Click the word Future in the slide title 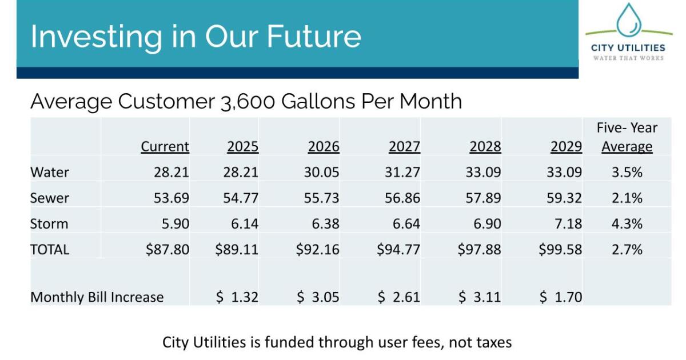[x=314, y=37]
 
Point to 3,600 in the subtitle [x=248, y=102]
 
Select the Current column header [x=165, y=146]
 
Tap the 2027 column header [x=404, y=146]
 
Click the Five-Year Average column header [x=627, y=137]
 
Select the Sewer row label [x=49, y=198]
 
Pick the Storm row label [x=49, y=224]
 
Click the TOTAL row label [x=50, y=250]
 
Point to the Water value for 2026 [x=321, y=172]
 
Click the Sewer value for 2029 [x=564, y=198]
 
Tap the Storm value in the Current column [x=176, y=224]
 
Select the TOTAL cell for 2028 [x=479, y=250]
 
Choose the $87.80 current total [x=167, y=250]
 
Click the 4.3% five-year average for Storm [x=627, y=224]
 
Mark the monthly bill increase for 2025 [x=237, y=297]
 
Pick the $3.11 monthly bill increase [x=480, y=297]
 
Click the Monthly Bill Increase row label [x=97, y=297]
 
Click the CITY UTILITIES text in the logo [x=628, y=48]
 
